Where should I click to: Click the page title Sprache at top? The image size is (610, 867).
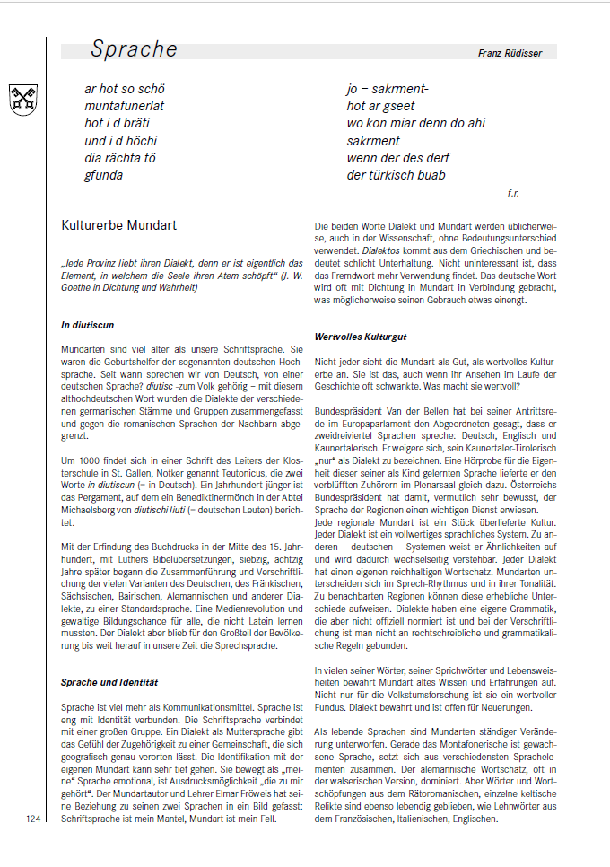(x=134, y=49)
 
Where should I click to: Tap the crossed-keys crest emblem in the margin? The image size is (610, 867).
(x=23, y=99)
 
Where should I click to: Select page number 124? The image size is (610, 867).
(x=34, y=819)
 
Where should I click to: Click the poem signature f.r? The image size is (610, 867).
(x=513, y=192)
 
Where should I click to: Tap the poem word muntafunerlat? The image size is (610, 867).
(x=125, y=107)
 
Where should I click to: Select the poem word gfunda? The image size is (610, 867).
(x=104, y=175)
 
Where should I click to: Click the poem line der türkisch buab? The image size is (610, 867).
(x=396, y=175)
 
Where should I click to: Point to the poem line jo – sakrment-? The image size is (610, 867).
(x=388, y=90)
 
